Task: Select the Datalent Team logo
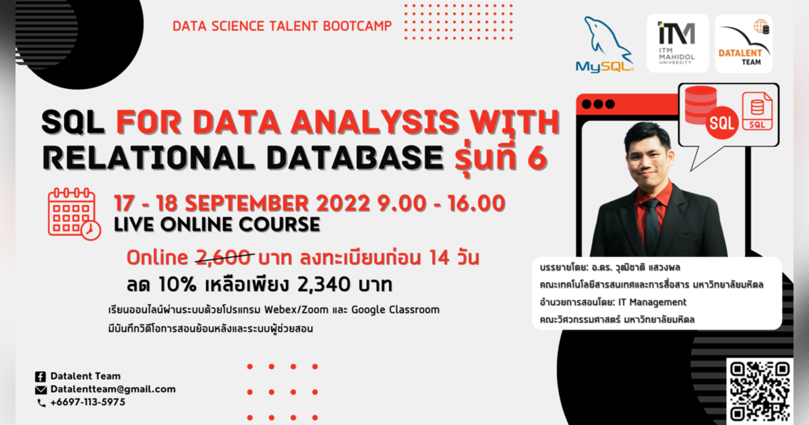pos(744,43)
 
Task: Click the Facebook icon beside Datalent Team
pos(40,376)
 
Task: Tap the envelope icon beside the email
pos(40,389)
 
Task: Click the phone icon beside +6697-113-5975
pos(40,403)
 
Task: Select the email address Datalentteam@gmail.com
pos(113,389)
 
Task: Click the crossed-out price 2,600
pos(225,258)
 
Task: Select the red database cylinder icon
pos(700,105)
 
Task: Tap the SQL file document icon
pos(756,112)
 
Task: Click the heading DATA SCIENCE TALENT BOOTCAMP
pos(281,26)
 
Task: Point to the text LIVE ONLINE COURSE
pos(217,224)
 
